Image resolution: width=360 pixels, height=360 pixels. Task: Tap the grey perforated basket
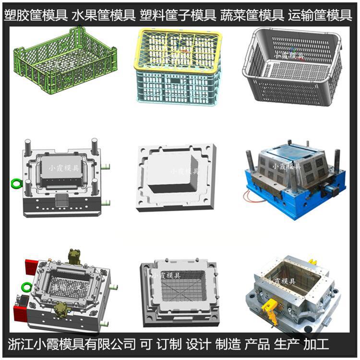point(292,65)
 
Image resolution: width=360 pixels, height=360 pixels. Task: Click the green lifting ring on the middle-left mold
point(15,183)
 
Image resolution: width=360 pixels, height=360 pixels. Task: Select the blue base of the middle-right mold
point(293,202)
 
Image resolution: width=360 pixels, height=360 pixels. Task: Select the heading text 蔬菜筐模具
point(252,16)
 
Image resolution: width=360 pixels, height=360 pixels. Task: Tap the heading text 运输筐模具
point(320,16)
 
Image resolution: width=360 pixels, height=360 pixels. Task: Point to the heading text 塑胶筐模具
point(36,16)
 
